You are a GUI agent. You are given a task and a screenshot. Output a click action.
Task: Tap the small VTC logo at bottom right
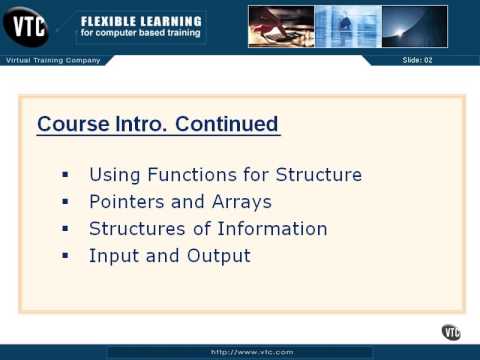(452, 332)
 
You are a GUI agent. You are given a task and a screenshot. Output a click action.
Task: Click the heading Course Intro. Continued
(158, 125)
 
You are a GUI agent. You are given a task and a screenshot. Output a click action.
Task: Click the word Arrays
(241, 202)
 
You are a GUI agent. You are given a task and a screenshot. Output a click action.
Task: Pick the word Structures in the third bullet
(134, 229)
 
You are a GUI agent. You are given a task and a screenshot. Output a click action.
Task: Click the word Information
(274, 229)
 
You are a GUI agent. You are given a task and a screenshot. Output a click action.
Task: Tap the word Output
(218, 256)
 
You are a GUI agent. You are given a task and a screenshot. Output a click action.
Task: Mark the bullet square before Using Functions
(66, 174)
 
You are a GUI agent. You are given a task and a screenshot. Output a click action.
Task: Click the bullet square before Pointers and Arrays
(66, 201)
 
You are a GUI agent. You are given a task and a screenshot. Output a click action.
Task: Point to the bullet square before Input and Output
(66, 255)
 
